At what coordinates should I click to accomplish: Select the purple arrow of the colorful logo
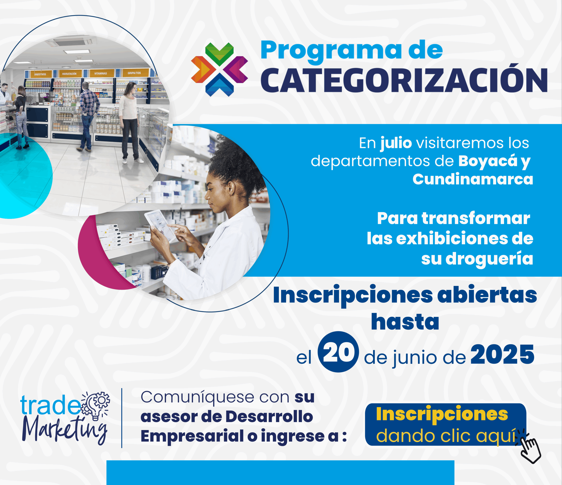235,69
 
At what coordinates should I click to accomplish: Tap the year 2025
502,354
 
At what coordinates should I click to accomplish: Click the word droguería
489,259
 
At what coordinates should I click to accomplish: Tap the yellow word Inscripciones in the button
442,414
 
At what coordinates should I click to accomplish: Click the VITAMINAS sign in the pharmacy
101,73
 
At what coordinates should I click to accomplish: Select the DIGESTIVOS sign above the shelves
40,74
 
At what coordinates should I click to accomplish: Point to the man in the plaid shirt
88,116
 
